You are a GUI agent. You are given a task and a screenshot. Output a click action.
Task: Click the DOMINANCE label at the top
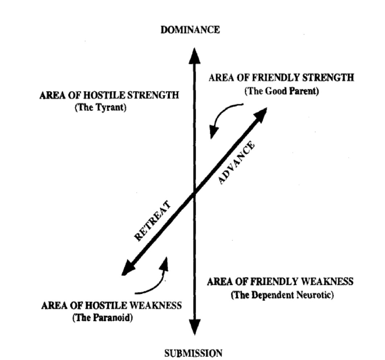tap(190, 30)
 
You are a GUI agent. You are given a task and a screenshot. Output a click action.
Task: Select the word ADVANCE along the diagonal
tap(237, 164)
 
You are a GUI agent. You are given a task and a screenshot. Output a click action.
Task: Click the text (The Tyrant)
tap(100, 108)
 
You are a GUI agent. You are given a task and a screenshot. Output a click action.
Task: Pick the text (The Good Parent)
tap(281, 91)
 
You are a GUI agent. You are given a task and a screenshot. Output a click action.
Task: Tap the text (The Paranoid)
tap(102, 318)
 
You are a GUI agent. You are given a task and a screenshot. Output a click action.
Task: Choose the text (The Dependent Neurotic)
tap(282, 295)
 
